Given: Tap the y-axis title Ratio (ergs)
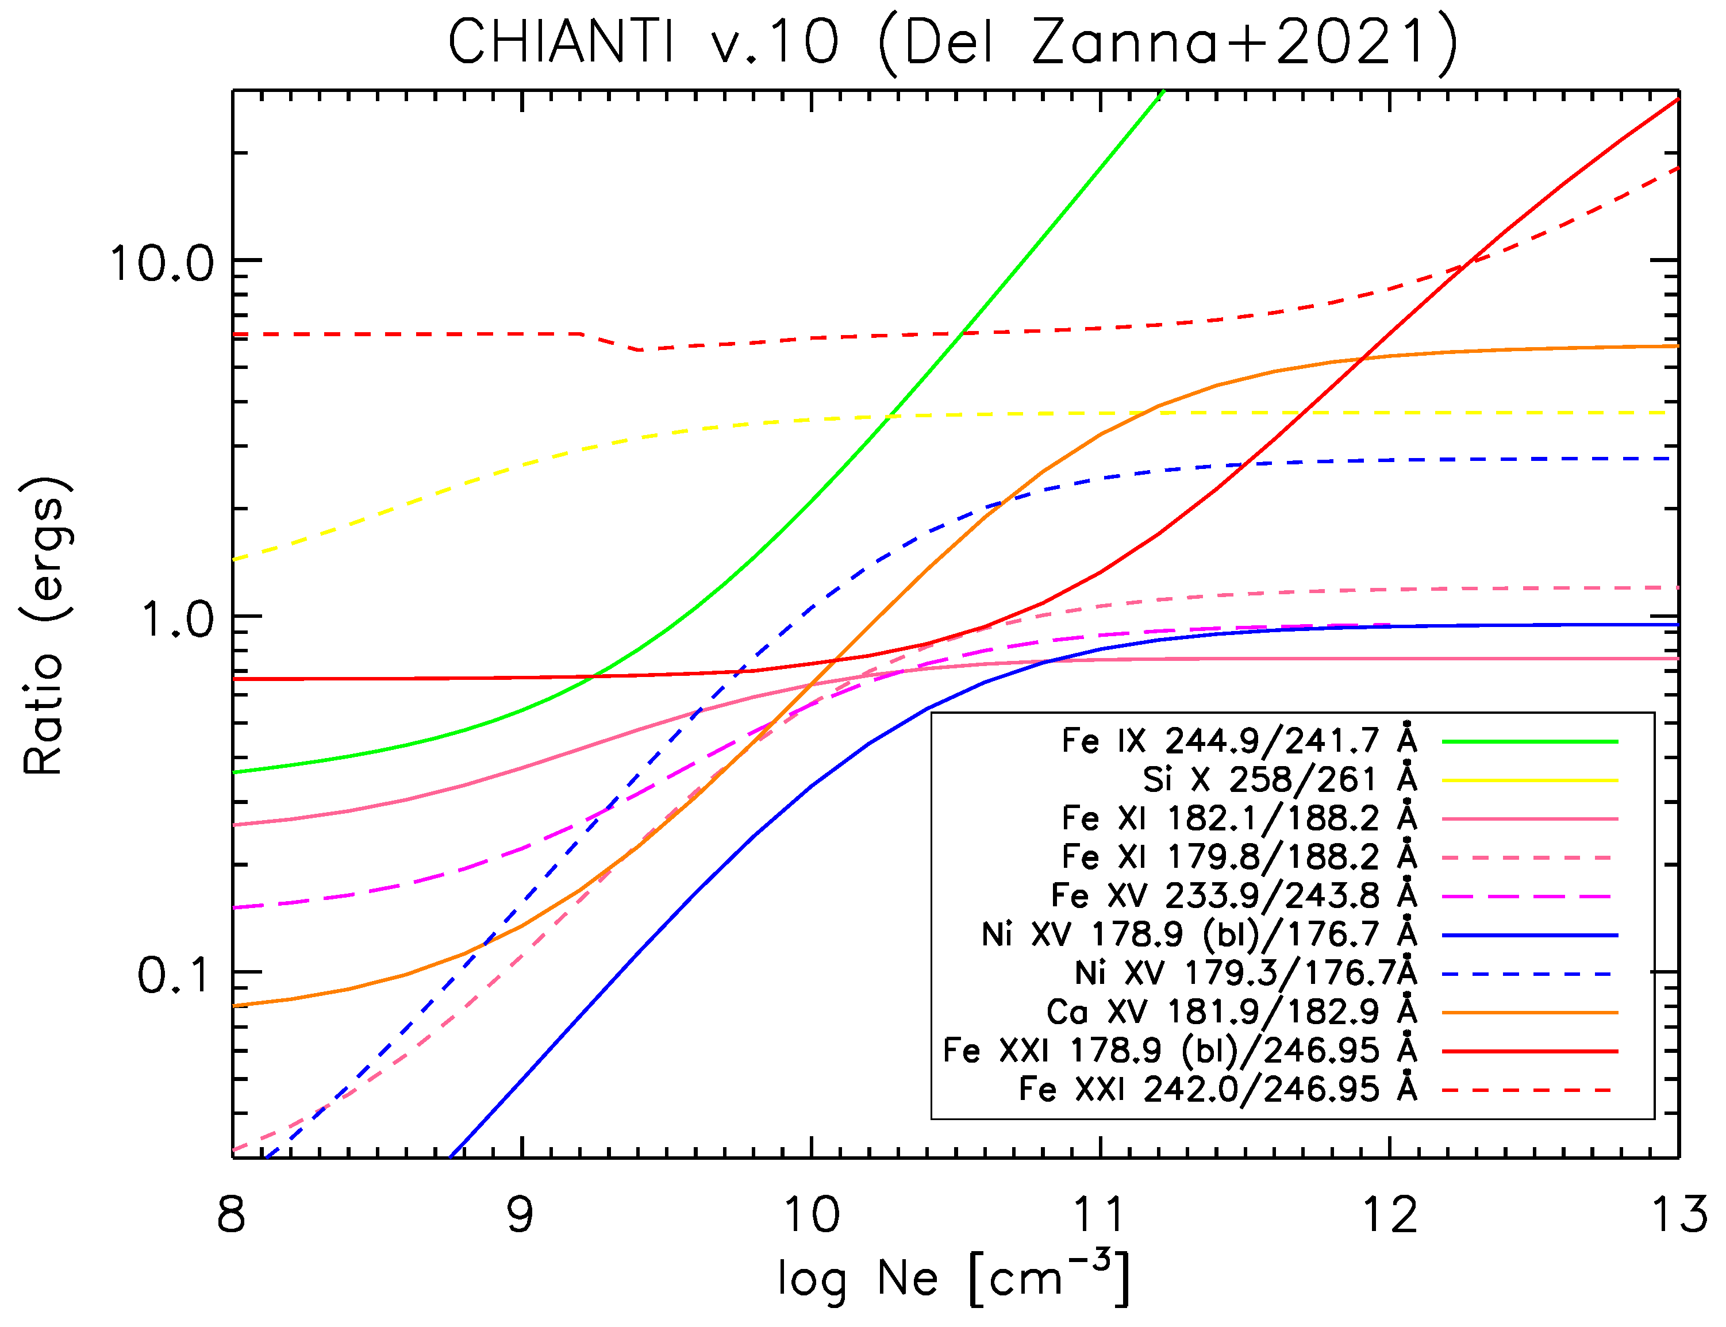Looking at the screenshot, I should pyautogui.click(x=45, y=626).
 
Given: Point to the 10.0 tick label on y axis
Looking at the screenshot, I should pyautogui.click(x=162, y=263).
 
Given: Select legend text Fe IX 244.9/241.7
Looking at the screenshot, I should pyautogui.click(x=1239, y=741).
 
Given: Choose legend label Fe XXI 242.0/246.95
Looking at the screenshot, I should pyautogui.click(x=1217, y=1089).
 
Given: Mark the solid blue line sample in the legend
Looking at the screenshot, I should pyautogui.click(x=1529, y=935).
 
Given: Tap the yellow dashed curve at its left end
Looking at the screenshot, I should pyautogui.click(x=236, y=559).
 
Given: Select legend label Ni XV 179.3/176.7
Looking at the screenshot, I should pyautogui.click(x=1246, y=973).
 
